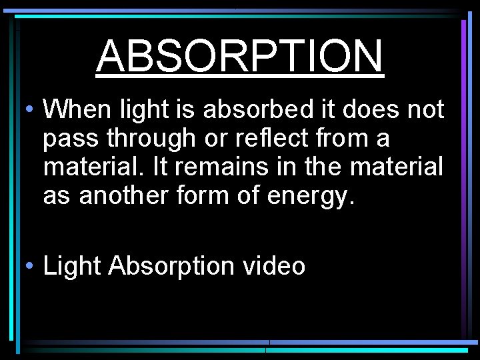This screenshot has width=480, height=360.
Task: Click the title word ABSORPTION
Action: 240,56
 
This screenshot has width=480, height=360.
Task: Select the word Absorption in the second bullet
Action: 172,267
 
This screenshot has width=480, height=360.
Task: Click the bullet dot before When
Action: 31,109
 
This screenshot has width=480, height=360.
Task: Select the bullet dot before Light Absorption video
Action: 31,267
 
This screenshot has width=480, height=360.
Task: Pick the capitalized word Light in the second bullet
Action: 72,267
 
